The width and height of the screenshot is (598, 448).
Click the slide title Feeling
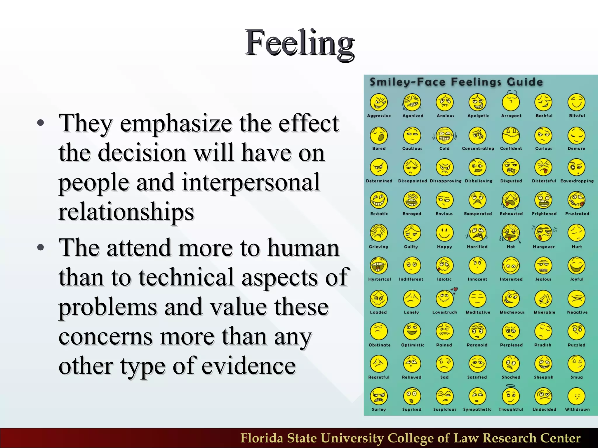pos(299,43)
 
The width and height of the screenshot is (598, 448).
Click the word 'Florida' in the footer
pos(262,438)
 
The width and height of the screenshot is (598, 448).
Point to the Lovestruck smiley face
pos(444,299)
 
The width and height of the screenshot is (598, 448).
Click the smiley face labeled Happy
pos(444,233)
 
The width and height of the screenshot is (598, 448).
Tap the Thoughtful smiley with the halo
pos(511,396)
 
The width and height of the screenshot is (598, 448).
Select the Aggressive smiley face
pos(379,102)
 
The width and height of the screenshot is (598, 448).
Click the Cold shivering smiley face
pos(444,136)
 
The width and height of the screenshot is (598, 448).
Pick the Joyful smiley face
pos(576,266)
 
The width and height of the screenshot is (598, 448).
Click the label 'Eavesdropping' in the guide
pos(577,181)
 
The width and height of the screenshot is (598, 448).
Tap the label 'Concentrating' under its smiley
pos(478,148)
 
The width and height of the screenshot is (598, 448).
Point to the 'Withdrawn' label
pos(577,409)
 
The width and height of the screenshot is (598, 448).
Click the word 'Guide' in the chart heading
pos(525,82)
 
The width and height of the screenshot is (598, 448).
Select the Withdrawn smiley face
pos(576,396)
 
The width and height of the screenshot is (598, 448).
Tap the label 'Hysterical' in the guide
pos(379,279)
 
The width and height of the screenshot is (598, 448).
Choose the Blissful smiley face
pos(576,102)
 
